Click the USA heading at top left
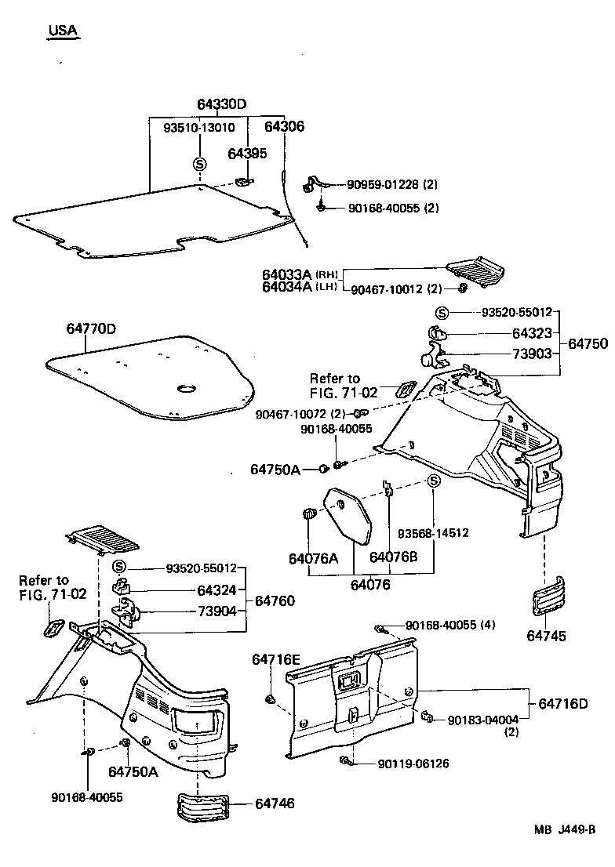point(63,31)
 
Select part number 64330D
point(221,105)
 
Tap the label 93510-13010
point(198,128)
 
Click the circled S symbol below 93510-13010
point(199,164)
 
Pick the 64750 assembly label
point(588,343)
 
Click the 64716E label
point(275,659)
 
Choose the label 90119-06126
point(413,764)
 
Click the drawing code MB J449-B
point(565,851)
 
